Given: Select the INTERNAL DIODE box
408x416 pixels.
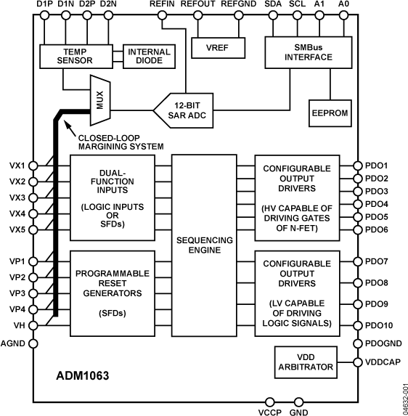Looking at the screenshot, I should (149, 57).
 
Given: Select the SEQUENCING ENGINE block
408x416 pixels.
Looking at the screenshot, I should (205, 244).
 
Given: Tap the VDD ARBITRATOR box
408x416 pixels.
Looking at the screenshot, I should (305, 361).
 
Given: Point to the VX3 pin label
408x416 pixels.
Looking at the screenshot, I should (17, 197).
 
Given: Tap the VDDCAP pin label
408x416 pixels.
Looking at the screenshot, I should (380, 361).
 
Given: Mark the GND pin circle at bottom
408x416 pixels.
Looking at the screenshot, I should (298, 400).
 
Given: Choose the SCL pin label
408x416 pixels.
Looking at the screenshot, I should (296, 5).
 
